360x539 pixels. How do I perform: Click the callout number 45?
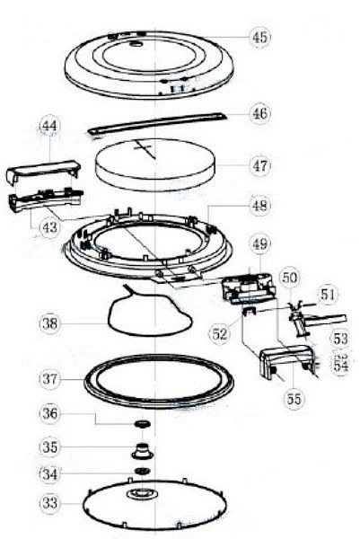(x=260, y=37)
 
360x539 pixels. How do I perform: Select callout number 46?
(x=260, y=113)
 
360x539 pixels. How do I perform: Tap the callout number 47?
(x=260, y=165)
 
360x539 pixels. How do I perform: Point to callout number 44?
(x=49, y=126)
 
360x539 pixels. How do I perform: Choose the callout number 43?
(x=49, y=227)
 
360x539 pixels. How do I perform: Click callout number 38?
(x=49, y=323)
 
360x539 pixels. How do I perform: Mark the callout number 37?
(x=49, y=379)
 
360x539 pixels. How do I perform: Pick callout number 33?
(x=49, y=503)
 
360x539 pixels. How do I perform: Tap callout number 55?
(x=294, y=399)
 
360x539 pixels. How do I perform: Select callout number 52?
(x=220, y=333)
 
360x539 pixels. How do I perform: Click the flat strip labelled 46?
(x=157, y=123)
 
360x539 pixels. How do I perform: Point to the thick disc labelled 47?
(x=156, y=165)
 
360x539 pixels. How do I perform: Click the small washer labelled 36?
(x=142, y=423)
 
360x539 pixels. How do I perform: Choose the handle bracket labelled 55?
(x=286, y=360)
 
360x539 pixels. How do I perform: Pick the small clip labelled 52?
(x=250, y=312)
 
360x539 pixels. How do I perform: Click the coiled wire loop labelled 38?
(x=150, y=314)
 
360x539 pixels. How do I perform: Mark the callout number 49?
(x=260, y=243)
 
